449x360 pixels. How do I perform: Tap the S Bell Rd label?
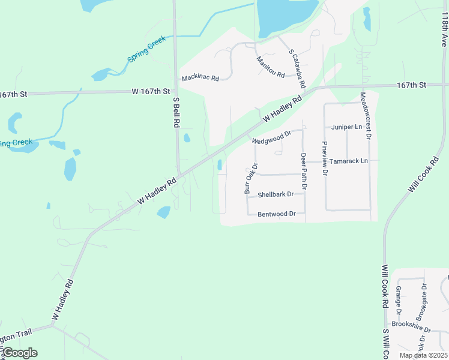tap(176, 113)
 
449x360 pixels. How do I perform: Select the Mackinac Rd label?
tap(200, 78)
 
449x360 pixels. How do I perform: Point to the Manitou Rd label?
tap(270, 66)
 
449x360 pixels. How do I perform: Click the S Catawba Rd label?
tap(298, 68)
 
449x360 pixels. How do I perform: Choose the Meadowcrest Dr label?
tap(366, 116)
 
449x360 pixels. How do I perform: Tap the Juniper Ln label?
tap(347, 127)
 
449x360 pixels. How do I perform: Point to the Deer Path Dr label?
tap(304, 172)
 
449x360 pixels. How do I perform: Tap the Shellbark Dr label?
tap(276, 195)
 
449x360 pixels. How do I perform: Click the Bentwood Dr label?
tap(277, 214)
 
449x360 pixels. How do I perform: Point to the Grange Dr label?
tap(398, 300)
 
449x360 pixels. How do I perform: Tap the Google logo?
tap(20, 353)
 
